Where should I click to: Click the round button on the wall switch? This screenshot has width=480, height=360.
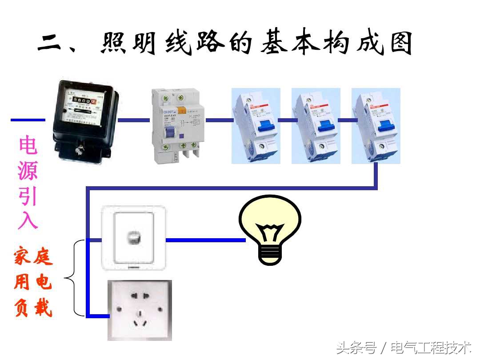[x=133, y=238]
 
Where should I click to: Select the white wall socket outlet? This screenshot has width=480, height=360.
[x=140, y=310]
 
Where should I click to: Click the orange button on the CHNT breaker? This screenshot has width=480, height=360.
[x=181, y=110]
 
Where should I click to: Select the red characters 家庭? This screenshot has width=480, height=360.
[x=33, y=257]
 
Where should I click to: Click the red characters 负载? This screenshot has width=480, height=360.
[x=33, y=308]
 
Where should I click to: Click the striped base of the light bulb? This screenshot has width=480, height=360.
[x=270, y=255]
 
